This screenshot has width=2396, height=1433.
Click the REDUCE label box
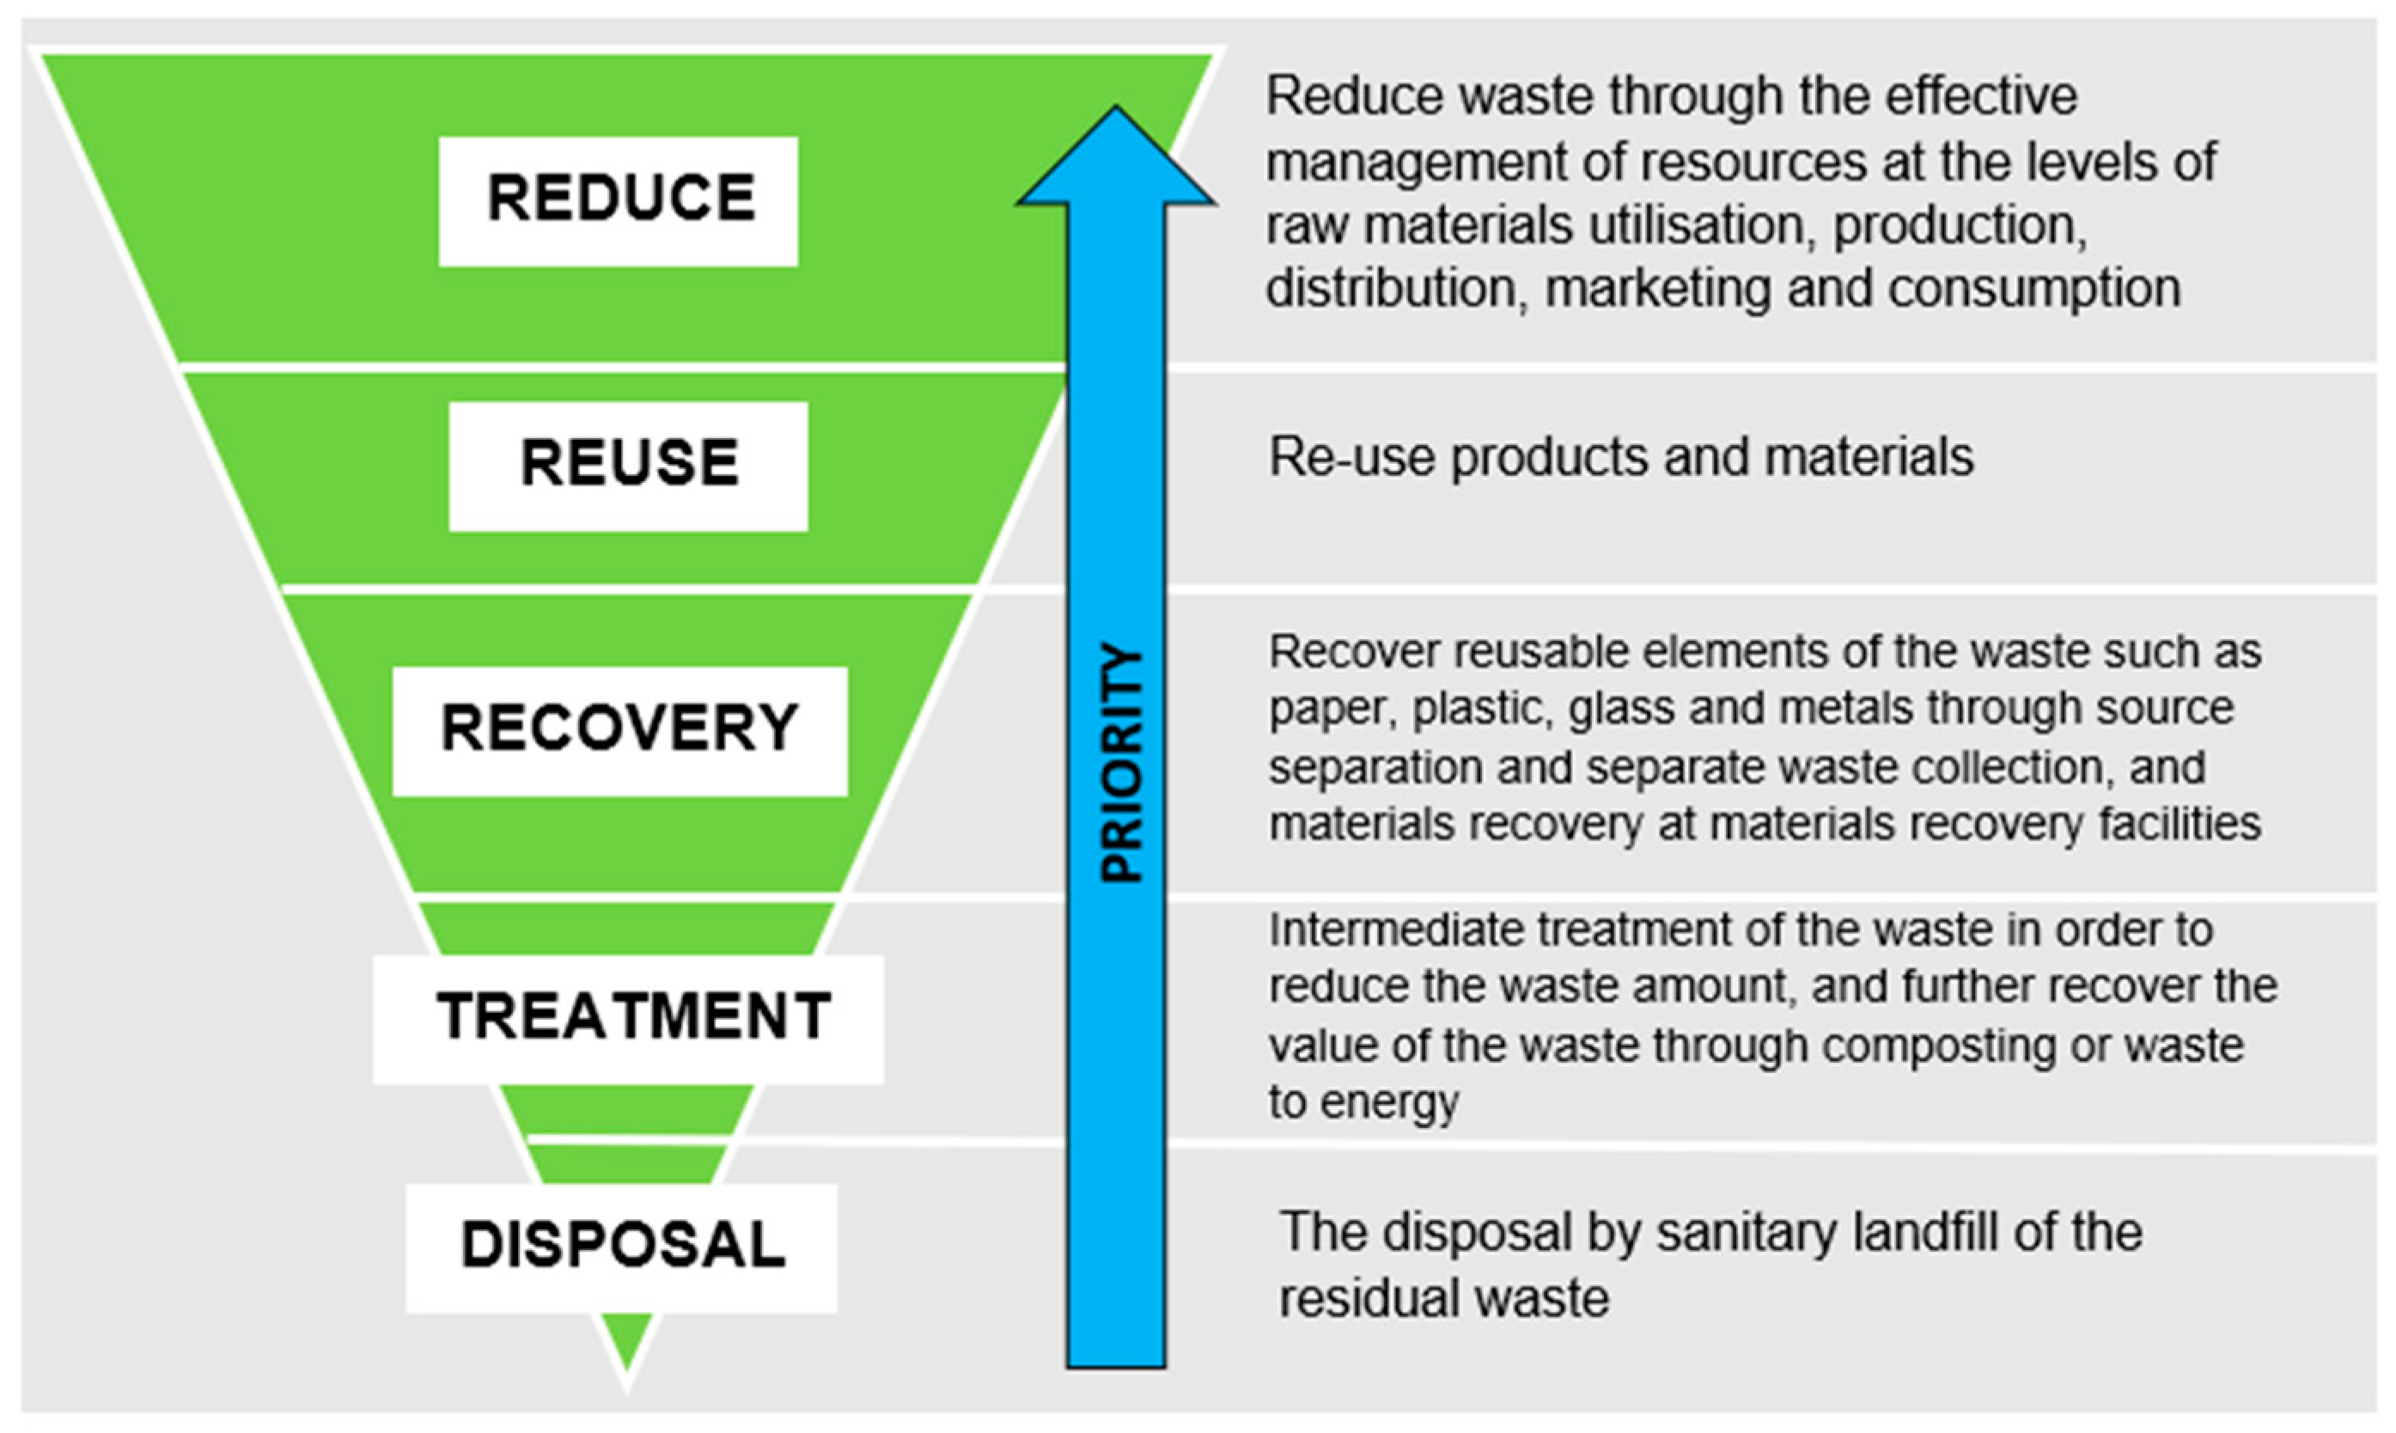pos(618,201)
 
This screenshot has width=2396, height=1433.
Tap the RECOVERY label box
pos(619,731)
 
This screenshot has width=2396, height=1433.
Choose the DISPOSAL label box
pos(622,1247)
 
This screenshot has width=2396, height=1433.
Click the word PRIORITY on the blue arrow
pos(1122,763)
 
